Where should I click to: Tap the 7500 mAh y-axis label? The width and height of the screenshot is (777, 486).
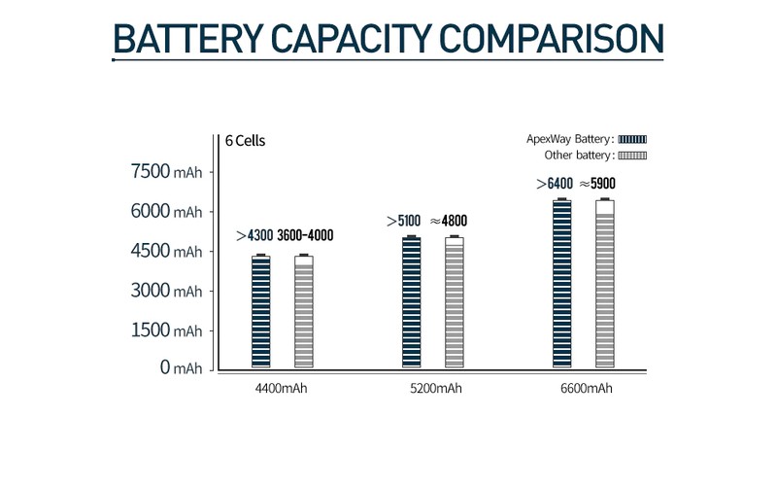(x=166, y=172)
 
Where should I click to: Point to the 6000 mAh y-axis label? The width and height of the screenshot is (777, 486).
(x=166, y=211)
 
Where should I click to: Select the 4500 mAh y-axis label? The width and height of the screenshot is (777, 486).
(x=166, y=251)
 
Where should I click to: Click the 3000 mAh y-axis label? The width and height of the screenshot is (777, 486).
(x=166, y=291)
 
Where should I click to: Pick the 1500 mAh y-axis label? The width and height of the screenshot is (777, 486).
(x=166, y=330)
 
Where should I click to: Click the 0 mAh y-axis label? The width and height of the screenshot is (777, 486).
(x=181, y=367)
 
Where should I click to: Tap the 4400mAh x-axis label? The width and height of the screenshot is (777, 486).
(x=282, y=389)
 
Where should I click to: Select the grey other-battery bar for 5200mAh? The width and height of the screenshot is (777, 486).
(x=454, y=302)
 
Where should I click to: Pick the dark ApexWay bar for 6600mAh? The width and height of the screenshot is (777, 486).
(x=561, y=283)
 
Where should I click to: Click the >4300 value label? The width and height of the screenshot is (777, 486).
(x=254, y=236)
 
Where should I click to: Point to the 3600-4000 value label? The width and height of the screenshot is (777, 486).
(x=305, y=236)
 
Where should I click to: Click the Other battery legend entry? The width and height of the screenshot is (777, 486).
(x=591, y=155)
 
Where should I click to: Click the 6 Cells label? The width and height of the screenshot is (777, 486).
(x=245, y=140)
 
